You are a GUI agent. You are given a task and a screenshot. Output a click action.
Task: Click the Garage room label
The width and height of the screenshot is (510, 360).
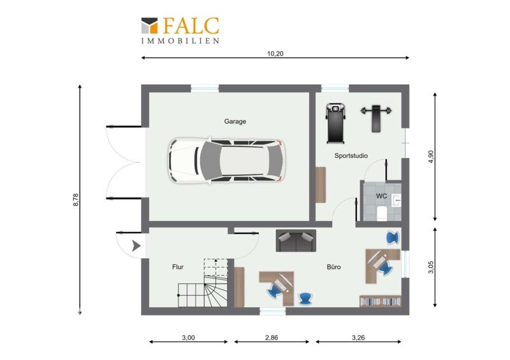coord(235,121)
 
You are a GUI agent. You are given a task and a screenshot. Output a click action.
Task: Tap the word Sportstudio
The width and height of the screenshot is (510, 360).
coord(351,155)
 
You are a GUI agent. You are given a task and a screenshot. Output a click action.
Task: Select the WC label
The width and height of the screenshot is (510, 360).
coord(381,196)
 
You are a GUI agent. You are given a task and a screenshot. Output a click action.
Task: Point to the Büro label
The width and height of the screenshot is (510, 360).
coord(333,267)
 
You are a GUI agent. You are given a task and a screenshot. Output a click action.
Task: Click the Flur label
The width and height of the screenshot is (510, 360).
coord(178,267)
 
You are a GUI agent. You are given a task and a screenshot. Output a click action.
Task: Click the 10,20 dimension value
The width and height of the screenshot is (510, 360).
coord(275,54)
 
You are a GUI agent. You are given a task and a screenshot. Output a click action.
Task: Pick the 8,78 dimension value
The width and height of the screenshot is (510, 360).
coord(76,199)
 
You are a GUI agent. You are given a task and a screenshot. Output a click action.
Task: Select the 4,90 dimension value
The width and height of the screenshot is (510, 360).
coord(431,156)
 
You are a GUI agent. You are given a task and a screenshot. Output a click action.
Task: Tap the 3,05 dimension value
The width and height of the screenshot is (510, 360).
coord(431,268)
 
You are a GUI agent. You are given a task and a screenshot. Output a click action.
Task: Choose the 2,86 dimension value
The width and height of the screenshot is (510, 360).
coord(272,338)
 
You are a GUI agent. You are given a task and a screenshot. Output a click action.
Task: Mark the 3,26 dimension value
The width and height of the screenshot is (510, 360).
coord(358,338)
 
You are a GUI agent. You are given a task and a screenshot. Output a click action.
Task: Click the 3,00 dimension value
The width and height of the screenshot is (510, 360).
coord(188,338)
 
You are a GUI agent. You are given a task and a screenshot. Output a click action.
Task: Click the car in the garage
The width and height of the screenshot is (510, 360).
coord(227,161)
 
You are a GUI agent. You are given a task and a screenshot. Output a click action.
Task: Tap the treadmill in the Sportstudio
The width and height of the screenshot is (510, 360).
coord(335,123)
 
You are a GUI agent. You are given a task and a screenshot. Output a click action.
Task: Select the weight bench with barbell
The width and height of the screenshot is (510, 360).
coord(376,118)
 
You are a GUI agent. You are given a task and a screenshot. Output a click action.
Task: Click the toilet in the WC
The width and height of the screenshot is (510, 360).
coord(382,213)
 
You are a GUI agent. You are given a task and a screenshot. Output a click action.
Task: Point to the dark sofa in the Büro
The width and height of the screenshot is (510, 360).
coord(296,241)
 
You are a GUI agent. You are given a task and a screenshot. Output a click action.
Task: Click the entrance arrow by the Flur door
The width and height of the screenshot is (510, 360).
coord(136,246)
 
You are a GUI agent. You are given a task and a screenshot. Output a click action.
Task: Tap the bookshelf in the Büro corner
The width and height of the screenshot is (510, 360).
coord(380,301)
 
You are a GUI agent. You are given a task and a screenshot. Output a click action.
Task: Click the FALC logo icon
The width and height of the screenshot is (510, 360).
coord(149,25)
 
